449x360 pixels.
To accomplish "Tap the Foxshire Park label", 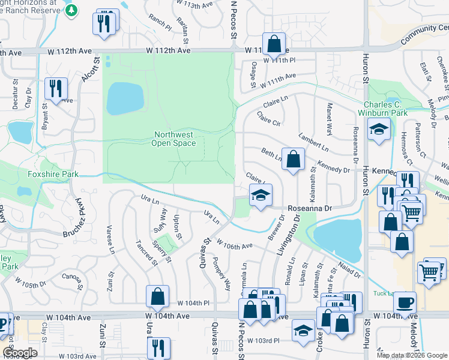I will point(53,175).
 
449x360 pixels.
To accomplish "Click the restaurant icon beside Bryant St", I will point(55,89).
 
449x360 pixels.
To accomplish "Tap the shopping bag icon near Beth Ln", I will point(293,160).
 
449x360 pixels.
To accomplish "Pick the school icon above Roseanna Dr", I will point(261,196).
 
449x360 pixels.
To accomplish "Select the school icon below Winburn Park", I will point(379,130).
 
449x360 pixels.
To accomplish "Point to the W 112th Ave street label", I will point(167,52).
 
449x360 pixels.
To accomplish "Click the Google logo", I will point(20,353).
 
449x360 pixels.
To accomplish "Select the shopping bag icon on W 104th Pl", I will point(157,296).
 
